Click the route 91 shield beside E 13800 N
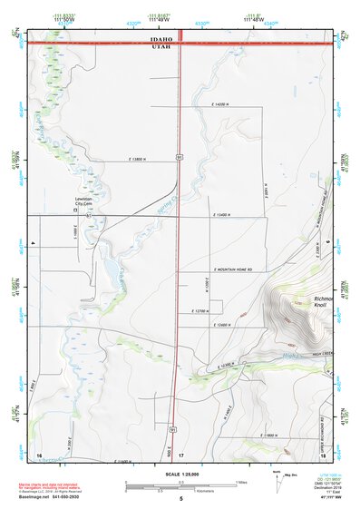click(x=180, y=158)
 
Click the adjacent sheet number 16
click(x=39, y=453)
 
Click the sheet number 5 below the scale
click(x=180, y=499)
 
